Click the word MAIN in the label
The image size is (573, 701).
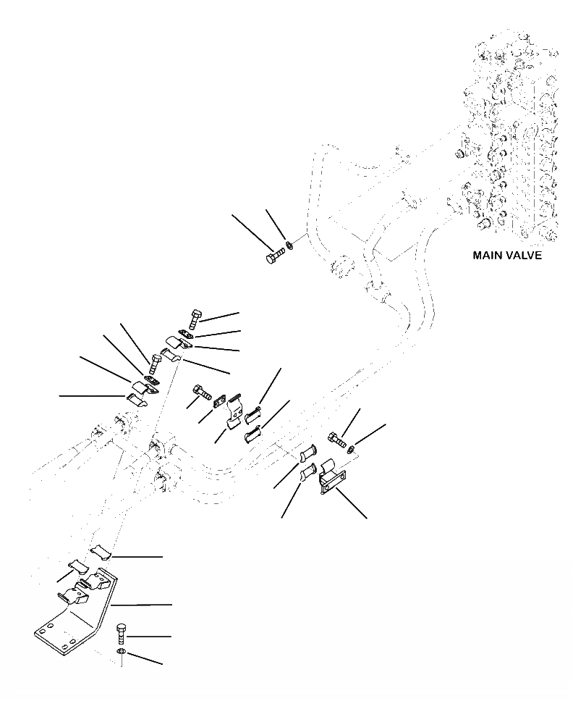point(488,256)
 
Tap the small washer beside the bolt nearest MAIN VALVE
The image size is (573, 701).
point(289,247)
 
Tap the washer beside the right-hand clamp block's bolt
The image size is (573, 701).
point(350,450)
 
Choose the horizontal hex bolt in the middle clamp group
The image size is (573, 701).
point(200,395)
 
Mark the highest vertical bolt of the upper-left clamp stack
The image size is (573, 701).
point(194,318)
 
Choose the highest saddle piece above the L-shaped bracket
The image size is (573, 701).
point(101,553)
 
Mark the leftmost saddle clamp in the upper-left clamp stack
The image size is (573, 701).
point(135,398)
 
